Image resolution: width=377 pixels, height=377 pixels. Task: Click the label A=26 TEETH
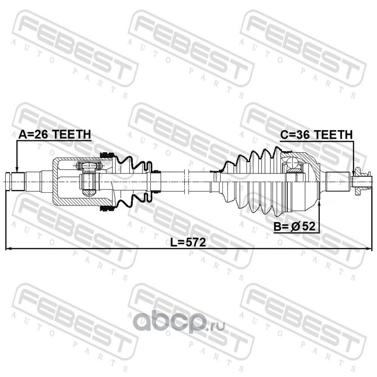point(55,134)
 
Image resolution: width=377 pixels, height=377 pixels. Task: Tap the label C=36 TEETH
point(316,135)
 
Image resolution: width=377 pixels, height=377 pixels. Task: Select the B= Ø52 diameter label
point(294,226)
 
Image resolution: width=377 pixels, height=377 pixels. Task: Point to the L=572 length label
point(188,242)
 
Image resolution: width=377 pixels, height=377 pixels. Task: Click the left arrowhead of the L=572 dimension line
point(9,249)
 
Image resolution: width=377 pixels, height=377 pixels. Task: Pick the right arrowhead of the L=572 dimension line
point(369,249)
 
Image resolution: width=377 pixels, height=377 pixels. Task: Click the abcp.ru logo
point(179,323)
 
